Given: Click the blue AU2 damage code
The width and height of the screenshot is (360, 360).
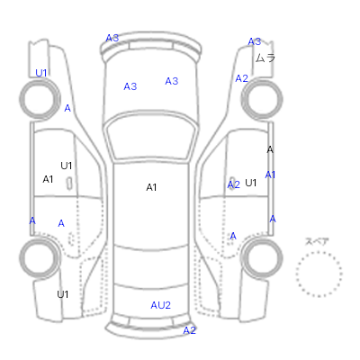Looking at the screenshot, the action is coord(160,305).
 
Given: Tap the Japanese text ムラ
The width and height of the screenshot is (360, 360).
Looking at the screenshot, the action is coord(265,58).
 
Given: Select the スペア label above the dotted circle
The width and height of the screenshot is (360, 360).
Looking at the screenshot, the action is coord(317,241).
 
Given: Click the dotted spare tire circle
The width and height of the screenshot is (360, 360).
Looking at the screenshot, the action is coord(319,252).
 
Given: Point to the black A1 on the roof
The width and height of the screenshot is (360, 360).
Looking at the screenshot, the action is coord(151,187).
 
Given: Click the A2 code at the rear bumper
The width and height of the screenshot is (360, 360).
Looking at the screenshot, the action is coord(189,330).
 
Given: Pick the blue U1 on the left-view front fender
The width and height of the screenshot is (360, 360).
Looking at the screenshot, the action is coord(41,73).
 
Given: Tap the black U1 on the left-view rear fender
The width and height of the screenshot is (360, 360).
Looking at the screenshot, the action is coord(63,294).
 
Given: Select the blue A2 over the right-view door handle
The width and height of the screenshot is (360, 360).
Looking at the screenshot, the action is coord(234,184).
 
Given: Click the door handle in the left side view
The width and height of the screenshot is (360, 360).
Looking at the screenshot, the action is coord(69,184).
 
